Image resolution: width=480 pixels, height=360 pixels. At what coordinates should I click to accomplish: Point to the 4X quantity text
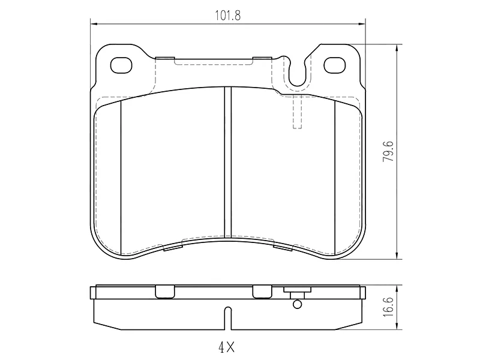(x=227, y=347)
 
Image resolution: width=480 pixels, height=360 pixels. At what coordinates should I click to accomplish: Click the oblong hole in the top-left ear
(x=122, y=64)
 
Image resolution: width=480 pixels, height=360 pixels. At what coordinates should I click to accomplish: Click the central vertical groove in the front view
(x=227, y=162)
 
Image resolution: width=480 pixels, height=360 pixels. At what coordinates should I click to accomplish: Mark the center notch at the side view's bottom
(x=227, y=317)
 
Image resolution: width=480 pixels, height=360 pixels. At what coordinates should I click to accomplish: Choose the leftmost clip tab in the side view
(x=163, y=292)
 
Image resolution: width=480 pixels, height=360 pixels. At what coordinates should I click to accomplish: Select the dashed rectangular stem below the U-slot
(x=297, y=112)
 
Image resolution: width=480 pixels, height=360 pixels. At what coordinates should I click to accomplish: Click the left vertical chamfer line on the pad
(x=121, y=177)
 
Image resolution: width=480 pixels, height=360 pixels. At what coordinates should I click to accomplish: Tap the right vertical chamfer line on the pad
(x=334, y=177)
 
